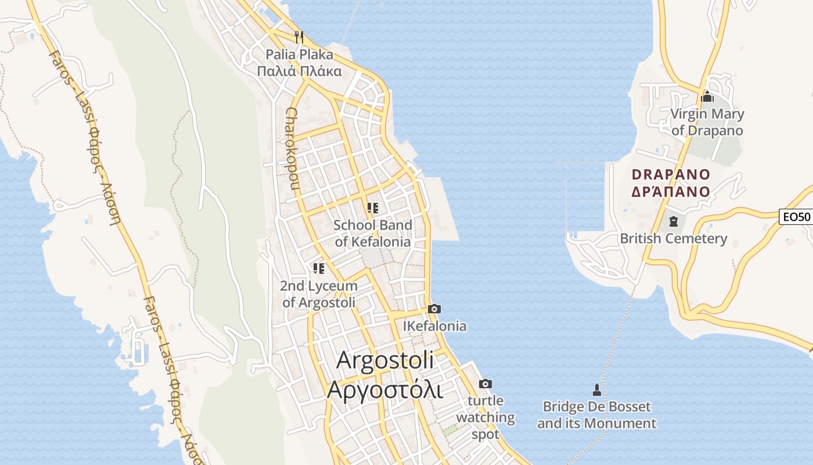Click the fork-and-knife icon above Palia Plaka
point(299,37)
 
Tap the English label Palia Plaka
point(300,55)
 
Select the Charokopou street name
point(292,149)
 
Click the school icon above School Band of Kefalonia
point(373,208)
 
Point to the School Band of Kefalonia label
point(373,233)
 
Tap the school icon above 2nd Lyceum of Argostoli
point(318,268)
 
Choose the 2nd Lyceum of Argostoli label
point(318,294)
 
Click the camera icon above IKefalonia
point(434,309)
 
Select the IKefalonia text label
point(434,326)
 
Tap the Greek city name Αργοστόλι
point(384,389)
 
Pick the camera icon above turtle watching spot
point(485,384)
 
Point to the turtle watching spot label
point(485,417)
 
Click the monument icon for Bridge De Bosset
point(596,389)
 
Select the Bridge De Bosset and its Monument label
point(596,415)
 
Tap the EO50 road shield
point(796,217)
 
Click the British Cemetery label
point(674,238)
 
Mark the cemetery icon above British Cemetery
point(673,221)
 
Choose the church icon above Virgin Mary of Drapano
point(707,96)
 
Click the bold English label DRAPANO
point(671,174)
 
